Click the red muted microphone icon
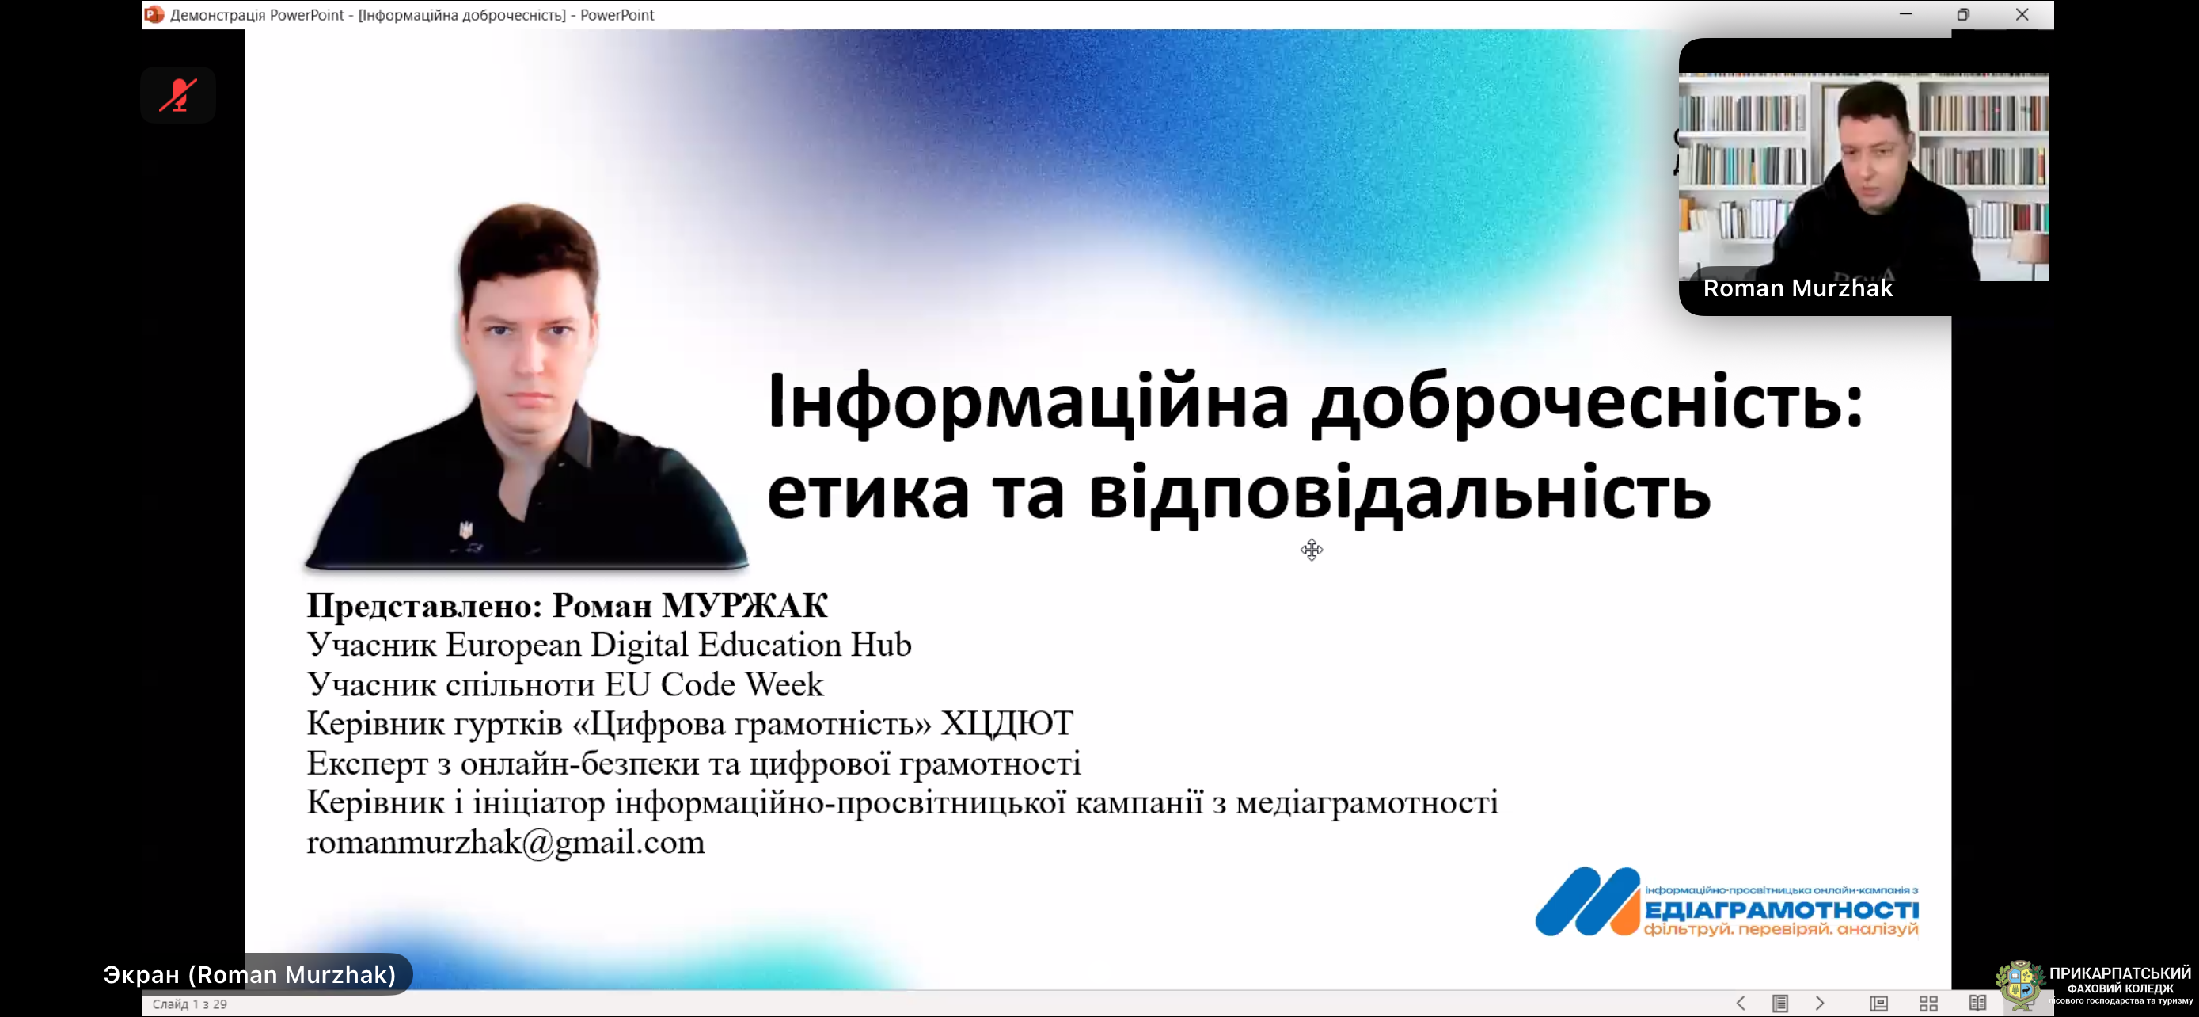pos(178,95)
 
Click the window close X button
pos(2022,14)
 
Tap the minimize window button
pos(1905,14)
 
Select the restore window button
pos(1962,14)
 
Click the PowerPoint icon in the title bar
pos(154,14)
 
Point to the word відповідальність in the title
pos(1400,493)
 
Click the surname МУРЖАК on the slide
pos(744,605)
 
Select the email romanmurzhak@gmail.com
pos(505,843)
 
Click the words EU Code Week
pos(715,684)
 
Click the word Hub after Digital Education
pos(881,645)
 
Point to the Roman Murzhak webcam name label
pos(1798,288)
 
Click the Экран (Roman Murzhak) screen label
pos(249,974)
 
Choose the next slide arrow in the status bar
pos(1820,1004)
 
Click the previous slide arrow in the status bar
pos(1741,1004)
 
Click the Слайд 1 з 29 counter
pos(189,1004)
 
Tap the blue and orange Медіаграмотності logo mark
pos(1587,901)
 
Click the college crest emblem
pos(2020,985)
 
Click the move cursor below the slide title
pos(1311,550)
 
